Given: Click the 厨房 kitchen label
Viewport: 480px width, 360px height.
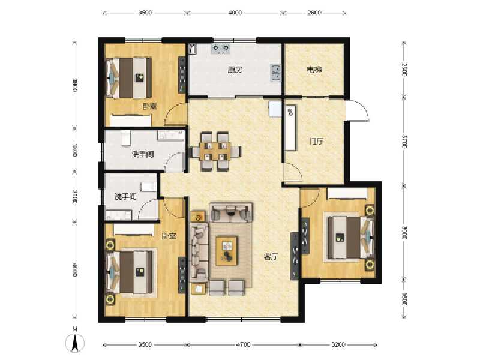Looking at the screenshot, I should pyautogui.click(x=235, y=70).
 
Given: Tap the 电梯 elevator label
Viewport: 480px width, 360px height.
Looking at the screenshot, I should pyautogui.click(x=314, y=70).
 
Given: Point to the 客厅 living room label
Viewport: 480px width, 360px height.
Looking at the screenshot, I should pyautogui.click(x=271, y=256).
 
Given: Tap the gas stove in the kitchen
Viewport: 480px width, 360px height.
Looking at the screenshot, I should pyautogui.click(x=220, y=48).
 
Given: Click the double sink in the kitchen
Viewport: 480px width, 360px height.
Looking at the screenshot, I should pyautogui.click(x=275, y=73).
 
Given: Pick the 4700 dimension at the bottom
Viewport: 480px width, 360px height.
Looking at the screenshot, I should pyautogui.click(x=243, y=345).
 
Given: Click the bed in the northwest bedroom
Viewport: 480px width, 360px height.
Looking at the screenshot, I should pyautogui.click(x=129, y=77).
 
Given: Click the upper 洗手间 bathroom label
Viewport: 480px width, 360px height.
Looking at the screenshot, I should pyautogui.click(x=143, y=154).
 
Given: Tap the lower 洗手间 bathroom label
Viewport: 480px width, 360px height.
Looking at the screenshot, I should pyautogui.click(x=125, y=197).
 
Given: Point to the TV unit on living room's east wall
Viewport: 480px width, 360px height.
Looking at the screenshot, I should pyautogui.click(x=295, y=255).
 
